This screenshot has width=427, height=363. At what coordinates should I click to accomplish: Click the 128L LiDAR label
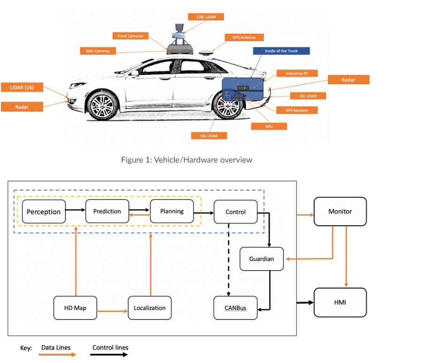[206, 17]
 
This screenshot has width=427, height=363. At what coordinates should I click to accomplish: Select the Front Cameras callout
[130, 36]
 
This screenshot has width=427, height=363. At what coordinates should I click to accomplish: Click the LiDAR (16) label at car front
[22, 87]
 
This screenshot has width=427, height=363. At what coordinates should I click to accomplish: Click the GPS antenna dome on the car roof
[205, 53]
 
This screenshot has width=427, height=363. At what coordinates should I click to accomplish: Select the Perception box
[44, 212]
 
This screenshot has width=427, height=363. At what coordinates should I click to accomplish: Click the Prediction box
[107, 211]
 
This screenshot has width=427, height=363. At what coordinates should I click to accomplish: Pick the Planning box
[172, 211]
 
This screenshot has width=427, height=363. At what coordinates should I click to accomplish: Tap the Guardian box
[261, 259]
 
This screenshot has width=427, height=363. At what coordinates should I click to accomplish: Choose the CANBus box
[236, 308]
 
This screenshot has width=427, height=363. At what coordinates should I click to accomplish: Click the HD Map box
[76, 308]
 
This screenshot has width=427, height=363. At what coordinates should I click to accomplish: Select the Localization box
[150, 308]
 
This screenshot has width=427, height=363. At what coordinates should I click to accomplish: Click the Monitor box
[340, 211]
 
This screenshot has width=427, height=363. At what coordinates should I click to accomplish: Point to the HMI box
[340, 303]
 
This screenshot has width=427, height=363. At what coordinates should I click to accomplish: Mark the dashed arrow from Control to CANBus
[229, 260]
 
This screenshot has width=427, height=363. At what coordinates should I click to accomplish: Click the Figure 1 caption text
[187, 160]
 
